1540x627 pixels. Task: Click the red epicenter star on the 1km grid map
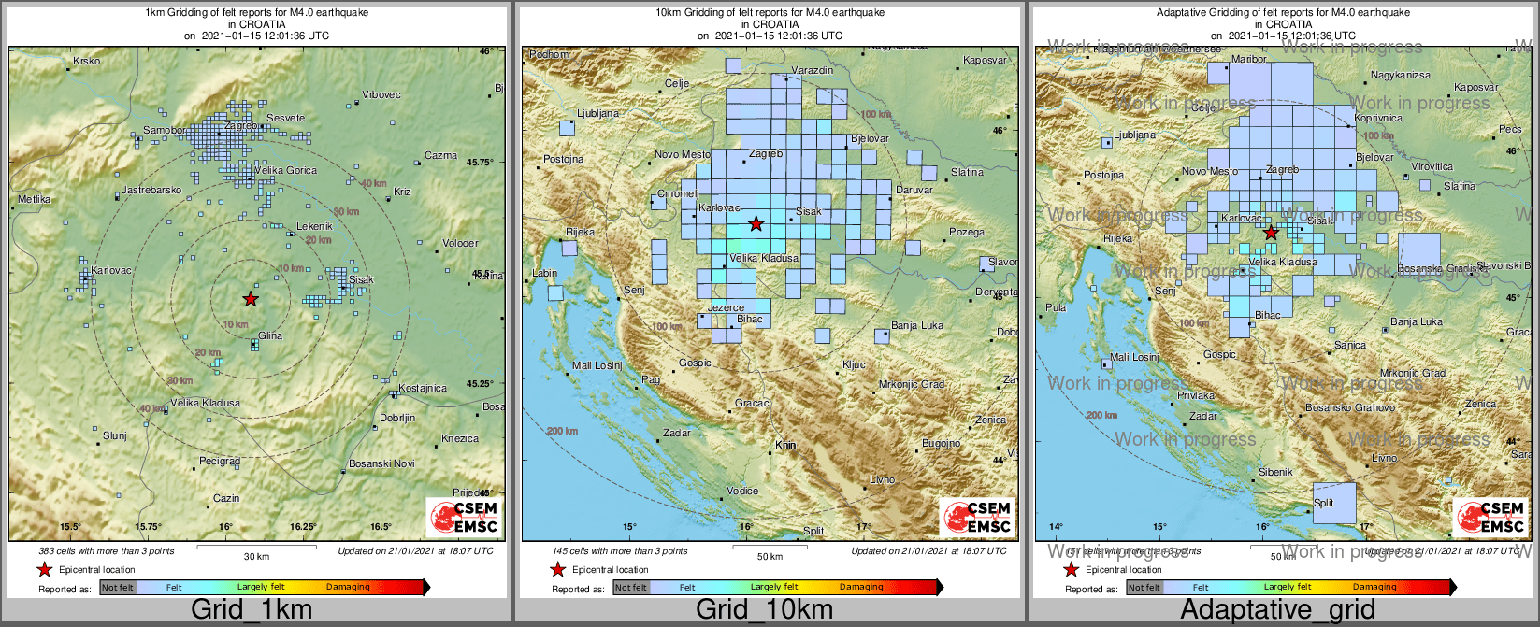(250, 299)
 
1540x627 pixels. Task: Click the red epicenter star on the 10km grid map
(756, 224)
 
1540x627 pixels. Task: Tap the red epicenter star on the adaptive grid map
(1270, 233)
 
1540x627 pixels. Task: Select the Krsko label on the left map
(86, 62)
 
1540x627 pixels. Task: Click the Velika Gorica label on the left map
(285, 171)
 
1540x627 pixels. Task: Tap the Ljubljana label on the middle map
(597, 114)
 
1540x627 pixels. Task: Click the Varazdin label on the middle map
(812, 71)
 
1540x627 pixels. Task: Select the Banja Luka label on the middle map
(917, 326)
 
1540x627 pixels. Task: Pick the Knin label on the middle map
(785, 446)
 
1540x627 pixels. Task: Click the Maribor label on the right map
(1249, 59)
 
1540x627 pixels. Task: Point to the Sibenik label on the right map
(1275, 473)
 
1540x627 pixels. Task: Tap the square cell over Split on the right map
(1334, 509)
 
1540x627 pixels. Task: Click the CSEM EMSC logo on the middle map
(976, 518)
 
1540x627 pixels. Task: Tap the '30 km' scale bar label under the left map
(256, 557)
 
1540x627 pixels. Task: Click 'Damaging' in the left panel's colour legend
(348, 588)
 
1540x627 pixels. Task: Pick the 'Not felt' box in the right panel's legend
(1144, 588)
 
